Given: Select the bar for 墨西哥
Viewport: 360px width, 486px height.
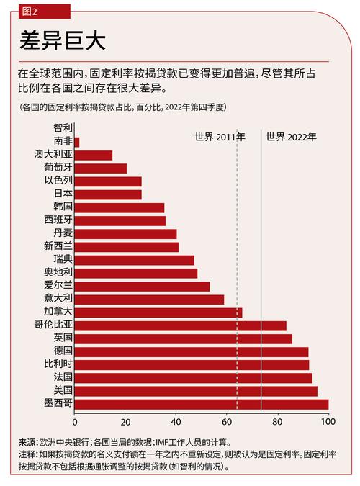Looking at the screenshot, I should [x=201, y=404].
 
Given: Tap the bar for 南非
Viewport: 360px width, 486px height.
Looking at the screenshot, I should [x=76, y=143].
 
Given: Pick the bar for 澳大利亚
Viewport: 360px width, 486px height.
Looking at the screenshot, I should [x=93, y=156].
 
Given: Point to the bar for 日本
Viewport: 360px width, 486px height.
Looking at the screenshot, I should [x=107, y=194].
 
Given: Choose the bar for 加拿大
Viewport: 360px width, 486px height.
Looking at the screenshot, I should [x=158, y=312].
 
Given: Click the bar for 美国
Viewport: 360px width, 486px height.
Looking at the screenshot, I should [x=195, y=391].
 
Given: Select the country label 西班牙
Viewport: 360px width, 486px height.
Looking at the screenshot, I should [x=58, y=220].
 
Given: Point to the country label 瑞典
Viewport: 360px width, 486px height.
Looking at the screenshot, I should [x=63, y=259].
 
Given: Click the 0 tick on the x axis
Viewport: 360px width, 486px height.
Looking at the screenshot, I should [x=74, y=421].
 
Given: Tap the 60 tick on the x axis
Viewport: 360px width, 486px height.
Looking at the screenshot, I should [x=227, y=421].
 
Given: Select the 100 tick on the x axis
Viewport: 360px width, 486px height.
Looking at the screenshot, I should [x=328, y=421].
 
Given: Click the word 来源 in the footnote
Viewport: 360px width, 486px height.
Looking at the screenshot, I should [x=27, y=442].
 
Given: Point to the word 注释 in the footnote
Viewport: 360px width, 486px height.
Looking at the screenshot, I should [x=27, y=454].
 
